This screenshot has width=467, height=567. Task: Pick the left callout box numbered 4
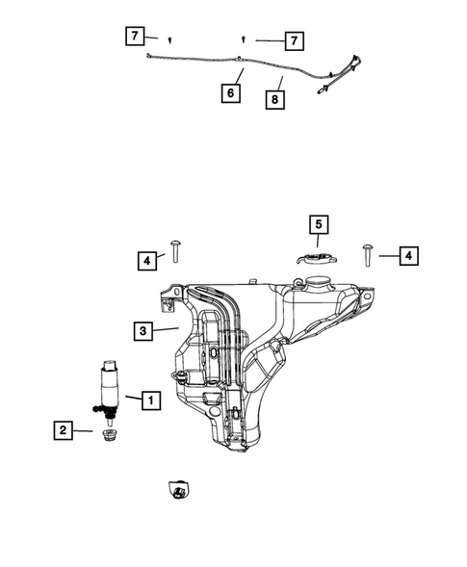145,259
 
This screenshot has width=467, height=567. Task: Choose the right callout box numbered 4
408,255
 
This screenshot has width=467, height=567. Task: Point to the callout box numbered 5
318,226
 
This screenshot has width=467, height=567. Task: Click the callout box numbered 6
230,93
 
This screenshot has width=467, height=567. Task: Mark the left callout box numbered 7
136,38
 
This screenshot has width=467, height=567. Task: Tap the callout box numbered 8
275,98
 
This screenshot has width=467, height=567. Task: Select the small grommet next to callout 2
107,437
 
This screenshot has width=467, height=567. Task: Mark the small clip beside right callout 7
245,39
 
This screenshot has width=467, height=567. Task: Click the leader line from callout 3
167,329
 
